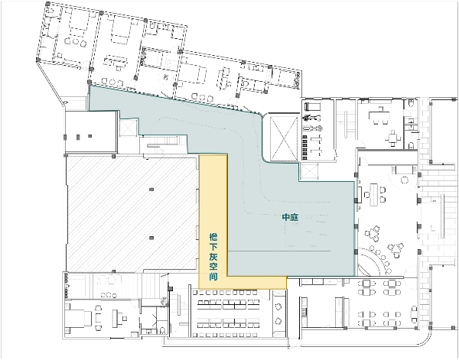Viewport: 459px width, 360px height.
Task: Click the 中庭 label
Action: (290, 217)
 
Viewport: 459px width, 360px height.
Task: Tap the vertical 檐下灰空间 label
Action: (213, 257)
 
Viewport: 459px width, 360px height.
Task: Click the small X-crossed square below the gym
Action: (309, 171)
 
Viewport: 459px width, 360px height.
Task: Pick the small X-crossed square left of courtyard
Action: (129, 128)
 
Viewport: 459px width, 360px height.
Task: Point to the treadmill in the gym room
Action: (312, 106)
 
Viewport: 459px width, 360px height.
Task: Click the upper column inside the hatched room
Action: (151, 190)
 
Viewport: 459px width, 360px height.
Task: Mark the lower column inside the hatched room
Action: (151, 238)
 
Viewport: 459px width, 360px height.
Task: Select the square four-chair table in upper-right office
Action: (393, 138)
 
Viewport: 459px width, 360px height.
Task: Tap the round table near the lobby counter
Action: (405, 180)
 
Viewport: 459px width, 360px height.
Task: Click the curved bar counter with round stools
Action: (370, 261)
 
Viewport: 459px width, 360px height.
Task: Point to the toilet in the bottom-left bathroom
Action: (163, 330)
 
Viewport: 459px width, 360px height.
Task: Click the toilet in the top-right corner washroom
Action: (411, 103)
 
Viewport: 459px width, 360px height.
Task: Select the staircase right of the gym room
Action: (347, 125)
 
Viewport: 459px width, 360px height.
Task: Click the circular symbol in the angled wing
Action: (165, 77)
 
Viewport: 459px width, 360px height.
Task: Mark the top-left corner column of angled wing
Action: (47, 4)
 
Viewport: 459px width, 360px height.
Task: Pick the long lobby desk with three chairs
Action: (373, 194)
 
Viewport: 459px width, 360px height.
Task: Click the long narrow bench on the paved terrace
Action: (442, 216)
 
